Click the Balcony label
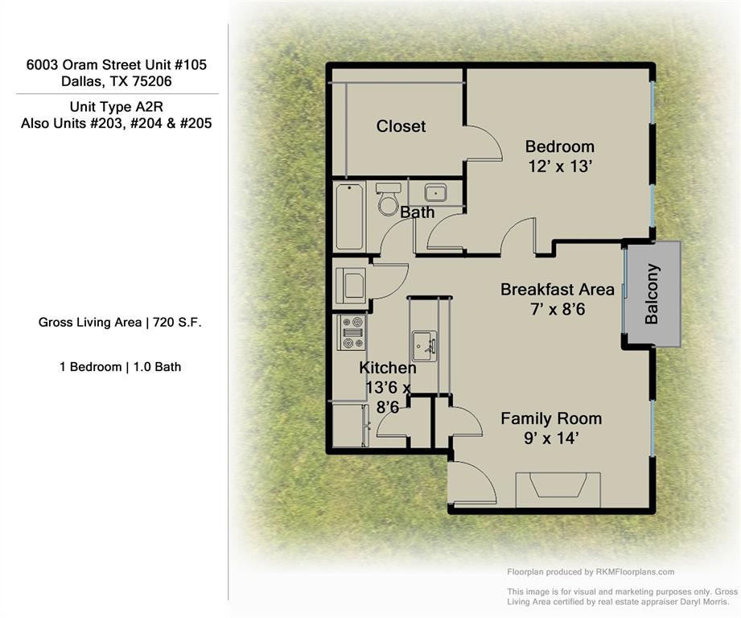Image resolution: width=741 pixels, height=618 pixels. pos(652,294)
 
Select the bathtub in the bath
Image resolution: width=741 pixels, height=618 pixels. pos(349,216)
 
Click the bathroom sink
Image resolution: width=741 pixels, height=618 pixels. pos(436,193)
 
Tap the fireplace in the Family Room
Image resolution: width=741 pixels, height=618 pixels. pos(558,488)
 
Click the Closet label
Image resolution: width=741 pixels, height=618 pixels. pos(401,126)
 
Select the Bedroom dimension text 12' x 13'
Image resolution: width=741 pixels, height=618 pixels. pos(559,166)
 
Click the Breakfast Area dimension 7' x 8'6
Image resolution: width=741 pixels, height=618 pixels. pos(558,309)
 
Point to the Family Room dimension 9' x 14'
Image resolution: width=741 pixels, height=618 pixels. pos(551,439)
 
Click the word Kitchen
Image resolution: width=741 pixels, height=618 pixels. pos(388,368)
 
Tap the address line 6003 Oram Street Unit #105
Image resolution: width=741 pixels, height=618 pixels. pos(117,64)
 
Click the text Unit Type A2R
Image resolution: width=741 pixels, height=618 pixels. pos(117,106)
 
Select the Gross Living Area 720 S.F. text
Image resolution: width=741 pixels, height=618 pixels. pos(120,323)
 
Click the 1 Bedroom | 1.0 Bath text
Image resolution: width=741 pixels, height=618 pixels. pos(120,367)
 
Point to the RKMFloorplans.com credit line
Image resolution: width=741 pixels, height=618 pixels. pos(591,572)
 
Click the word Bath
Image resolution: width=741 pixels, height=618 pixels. pos(417,212)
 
